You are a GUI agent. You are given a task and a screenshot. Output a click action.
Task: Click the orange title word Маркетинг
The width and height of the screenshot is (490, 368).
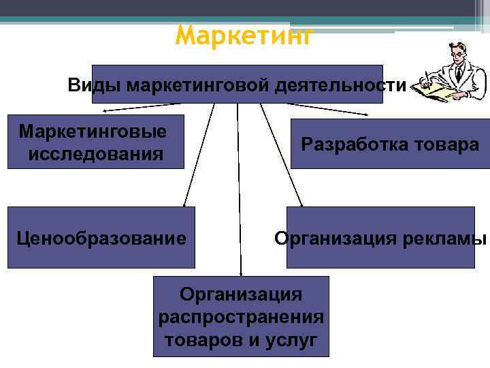[245, 35]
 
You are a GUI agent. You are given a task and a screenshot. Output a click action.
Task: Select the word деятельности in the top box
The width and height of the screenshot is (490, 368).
[340, 85]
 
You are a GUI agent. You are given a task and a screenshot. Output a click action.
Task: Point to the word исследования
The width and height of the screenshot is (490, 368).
[96, 154]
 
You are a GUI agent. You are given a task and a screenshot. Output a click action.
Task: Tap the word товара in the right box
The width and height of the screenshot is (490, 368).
[449, 144]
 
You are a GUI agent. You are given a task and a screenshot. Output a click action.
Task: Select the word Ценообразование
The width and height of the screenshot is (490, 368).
[101, 238]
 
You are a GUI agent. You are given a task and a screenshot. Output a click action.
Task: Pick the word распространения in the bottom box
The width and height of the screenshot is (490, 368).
[241, 317]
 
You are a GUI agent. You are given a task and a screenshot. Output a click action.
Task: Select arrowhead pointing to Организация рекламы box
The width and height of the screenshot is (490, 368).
[303, 204]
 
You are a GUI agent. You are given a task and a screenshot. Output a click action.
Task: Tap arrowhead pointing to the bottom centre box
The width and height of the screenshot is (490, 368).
[240, 273]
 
